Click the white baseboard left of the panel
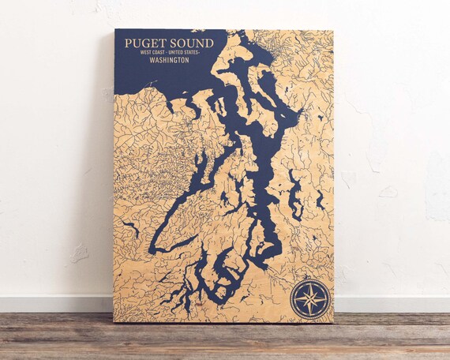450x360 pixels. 55,304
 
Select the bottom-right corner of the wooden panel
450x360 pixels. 332,321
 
